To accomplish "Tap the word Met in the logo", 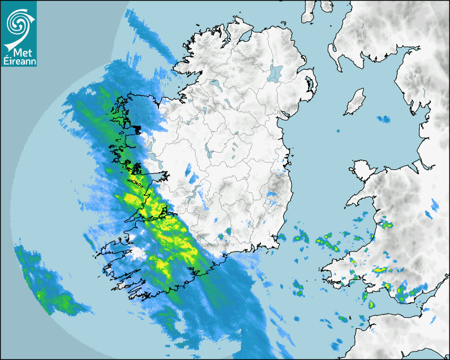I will point(20,53).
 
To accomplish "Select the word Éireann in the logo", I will point(19,61).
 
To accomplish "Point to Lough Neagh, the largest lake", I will point(275,73).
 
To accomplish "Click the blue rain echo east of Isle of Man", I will point(383,119).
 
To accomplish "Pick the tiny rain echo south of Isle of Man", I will point(337,131).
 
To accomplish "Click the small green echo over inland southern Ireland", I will point(228,231).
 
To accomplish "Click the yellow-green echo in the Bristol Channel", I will point(371,304).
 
